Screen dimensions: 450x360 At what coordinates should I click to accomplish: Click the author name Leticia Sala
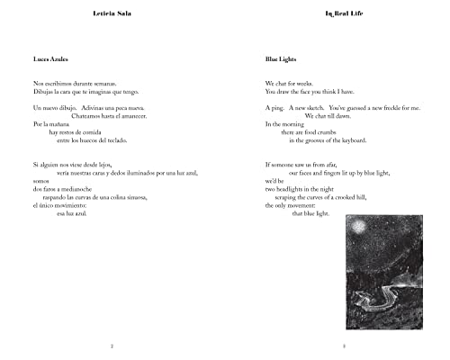coord(112,14)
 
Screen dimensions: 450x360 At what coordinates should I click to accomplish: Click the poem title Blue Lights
coord(280,59)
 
